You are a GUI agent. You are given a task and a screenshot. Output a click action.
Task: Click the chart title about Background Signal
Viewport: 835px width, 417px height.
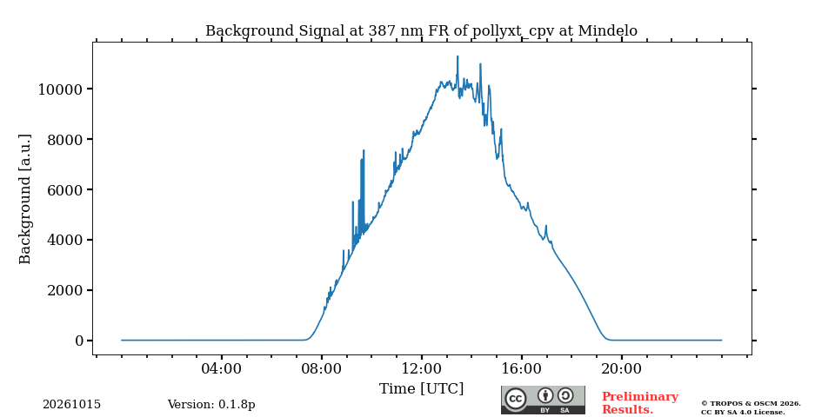421,31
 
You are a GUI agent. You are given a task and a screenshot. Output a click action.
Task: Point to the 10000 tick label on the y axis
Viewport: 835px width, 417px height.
60,89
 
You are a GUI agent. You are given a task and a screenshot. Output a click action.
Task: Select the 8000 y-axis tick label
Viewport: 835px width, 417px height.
65,139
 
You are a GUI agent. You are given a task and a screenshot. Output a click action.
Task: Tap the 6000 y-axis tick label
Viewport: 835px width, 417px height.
65,190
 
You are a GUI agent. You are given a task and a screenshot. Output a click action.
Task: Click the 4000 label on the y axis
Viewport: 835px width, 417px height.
65,241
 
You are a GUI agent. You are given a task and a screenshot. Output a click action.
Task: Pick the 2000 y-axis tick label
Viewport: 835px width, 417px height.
65,290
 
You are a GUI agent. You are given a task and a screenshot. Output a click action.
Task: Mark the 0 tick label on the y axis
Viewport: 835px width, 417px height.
79,341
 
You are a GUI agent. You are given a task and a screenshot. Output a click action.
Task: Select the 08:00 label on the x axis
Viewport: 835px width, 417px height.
321,368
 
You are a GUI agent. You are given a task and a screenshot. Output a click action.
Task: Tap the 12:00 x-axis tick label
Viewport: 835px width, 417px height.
421,368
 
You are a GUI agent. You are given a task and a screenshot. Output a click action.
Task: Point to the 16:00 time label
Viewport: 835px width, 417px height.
521,368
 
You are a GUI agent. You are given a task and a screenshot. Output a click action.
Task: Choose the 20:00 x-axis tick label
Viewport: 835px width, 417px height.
621,368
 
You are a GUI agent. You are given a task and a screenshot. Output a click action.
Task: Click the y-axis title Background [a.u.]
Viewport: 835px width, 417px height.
24,199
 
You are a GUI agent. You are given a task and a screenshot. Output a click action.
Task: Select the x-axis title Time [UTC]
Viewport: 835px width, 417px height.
421,389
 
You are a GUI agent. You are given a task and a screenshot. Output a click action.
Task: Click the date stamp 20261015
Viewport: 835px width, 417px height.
72,405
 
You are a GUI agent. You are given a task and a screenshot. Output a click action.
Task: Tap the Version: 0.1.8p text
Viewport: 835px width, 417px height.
211,405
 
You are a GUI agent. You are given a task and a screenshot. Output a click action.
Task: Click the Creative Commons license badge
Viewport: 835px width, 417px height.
543,400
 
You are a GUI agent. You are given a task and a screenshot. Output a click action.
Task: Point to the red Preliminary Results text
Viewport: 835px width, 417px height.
639,403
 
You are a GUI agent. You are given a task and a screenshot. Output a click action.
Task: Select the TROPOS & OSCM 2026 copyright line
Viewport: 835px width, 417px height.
751,404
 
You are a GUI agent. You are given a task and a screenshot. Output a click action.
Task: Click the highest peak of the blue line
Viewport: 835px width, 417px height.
457,56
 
